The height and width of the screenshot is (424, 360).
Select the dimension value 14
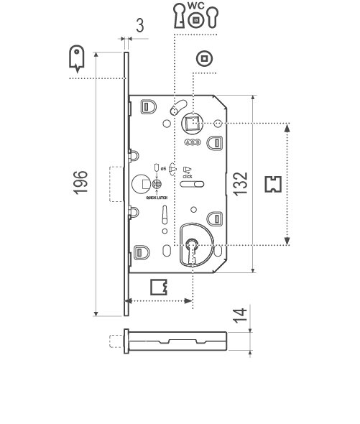coord(243,315)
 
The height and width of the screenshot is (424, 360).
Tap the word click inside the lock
coord(187,175)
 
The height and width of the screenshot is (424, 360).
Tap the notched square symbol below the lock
coord(159,287)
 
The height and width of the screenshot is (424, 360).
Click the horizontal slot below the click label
coord(192,185)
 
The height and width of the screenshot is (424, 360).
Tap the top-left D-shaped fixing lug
coord(147,107)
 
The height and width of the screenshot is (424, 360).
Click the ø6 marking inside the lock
coord(163,167)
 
